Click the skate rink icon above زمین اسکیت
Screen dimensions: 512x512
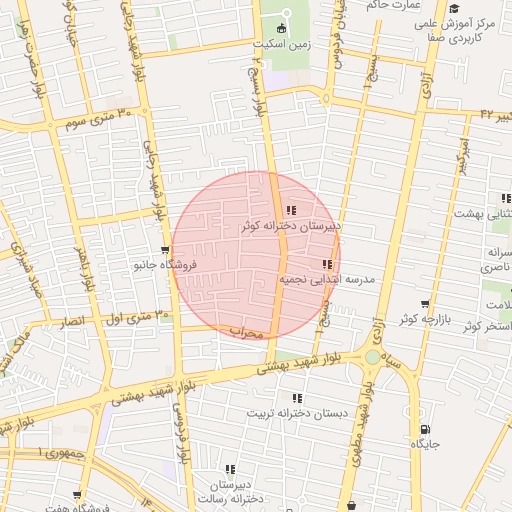tap(281, 28)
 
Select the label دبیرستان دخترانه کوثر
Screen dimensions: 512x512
tap(291, 227)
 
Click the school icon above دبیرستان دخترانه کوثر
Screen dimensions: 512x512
tap(291, 211)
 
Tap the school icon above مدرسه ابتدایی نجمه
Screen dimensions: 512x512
tap(327, 264)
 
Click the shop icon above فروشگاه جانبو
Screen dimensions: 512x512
tap(165, 250)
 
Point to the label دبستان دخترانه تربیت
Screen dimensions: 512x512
tap(296, 412)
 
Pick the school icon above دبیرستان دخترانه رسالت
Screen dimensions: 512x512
tap(231, 468)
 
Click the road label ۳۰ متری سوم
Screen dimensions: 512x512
tap(99, 119)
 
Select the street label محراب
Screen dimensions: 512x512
tap(245, 331)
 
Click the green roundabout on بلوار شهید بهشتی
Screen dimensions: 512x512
tap(373, 356)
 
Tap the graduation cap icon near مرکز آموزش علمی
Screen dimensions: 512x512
tap(454, 8)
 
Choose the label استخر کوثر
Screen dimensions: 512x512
tap(487, 326)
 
